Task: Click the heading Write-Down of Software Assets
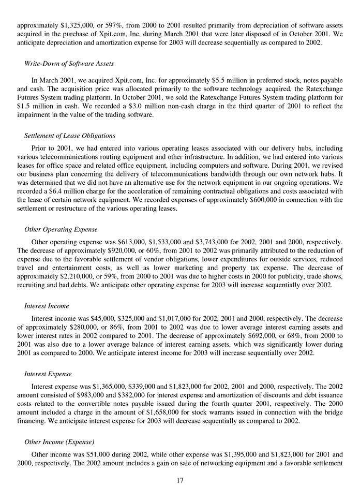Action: (x=69, y=63)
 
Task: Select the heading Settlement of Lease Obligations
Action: (x=69, y=136)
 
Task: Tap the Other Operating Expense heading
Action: (x=61, y=229)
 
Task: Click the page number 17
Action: (x=180, y=481)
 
